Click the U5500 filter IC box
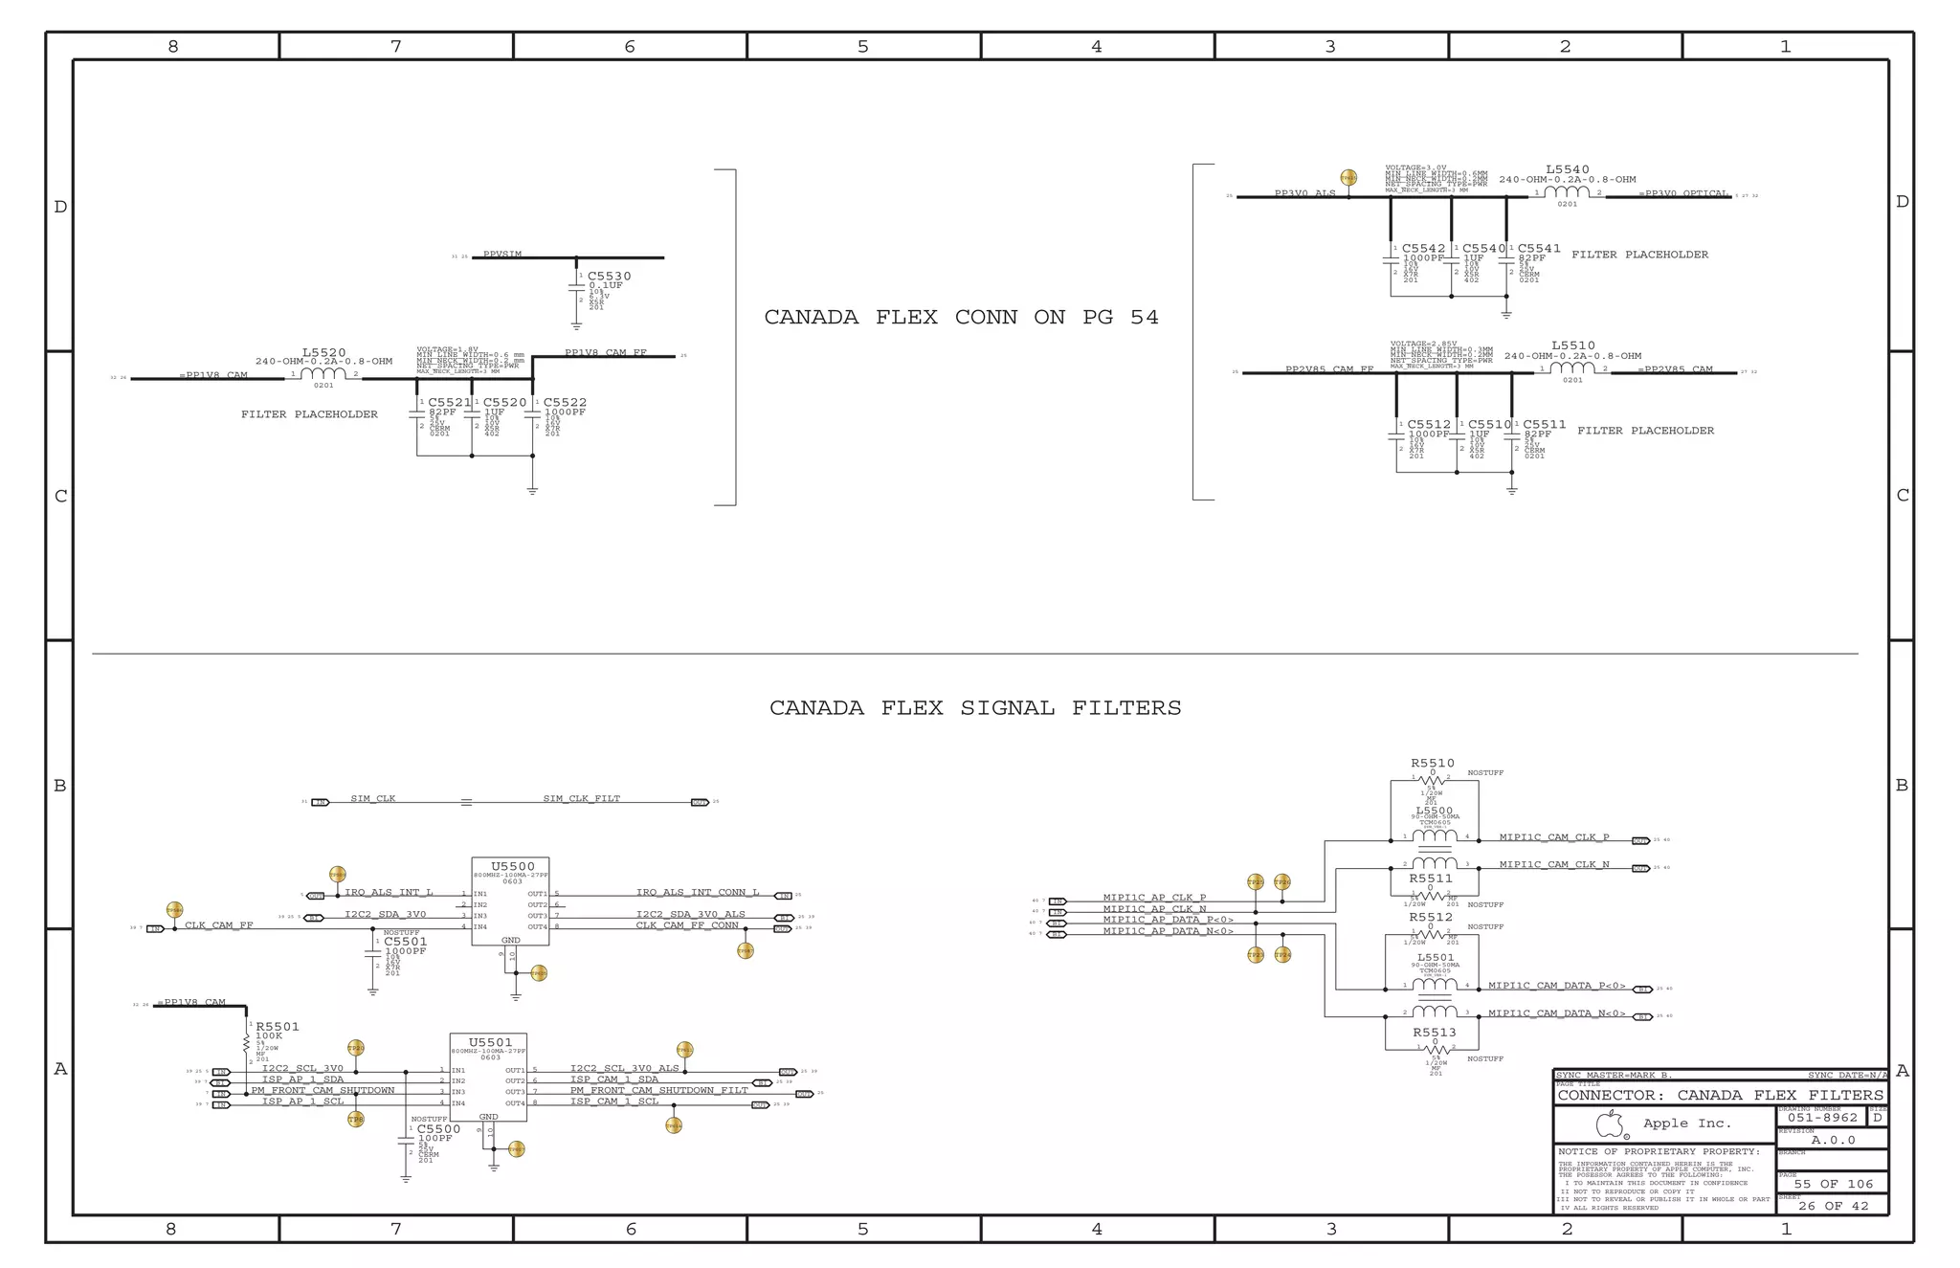[510, 901]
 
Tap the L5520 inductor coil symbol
[323, 373]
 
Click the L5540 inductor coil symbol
[1567, 192]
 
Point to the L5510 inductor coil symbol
[1572, 368]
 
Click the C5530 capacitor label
[609, 277]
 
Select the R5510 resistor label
[1432, 764]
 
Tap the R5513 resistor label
[1435, 1033]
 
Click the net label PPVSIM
[502, 255]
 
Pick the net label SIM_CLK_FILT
[581, 798]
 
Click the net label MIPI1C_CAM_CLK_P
[1554, 837]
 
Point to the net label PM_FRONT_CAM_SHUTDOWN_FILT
[659, 1090]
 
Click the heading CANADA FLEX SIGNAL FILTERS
[975, 708]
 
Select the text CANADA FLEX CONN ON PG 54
[961, 318]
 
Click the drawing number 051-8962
[1821, 1118]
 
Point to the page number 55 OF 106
[1833, 1184]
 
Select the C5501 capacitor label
[406, 942]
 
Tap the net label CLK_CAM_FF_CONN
[687, 925]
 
